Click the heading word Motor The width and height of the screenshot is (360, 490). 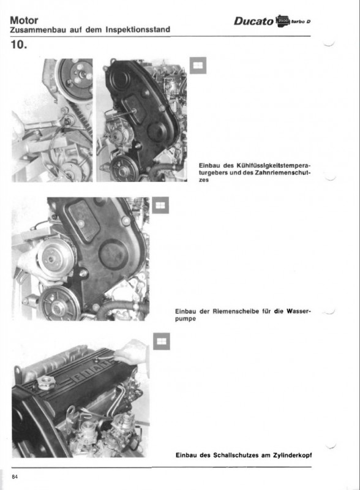coord(24,20)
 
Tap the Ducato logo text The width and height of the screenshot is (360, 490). coord(253,21)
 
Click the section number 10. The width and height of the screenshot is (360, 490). coord(19,44)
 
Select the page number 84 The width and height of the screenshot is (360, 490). coord(15,477)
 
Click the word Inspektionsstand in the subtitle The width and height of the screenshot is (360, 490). coord(138,29)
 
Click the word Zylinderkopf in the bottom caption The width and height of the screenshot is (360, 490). coord(292,455)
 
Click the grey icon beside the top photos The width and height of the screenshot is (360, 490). coord(198,66)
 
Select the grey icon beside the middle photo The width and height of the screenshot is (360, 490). coord(160,205)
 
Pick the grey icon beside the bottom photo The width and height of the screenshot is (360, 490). coord(162,341)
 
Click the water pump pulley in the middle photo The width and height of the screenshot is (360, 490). coord(55,258)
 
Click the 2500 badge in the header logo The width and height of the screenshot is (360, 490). coord(283,21)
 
